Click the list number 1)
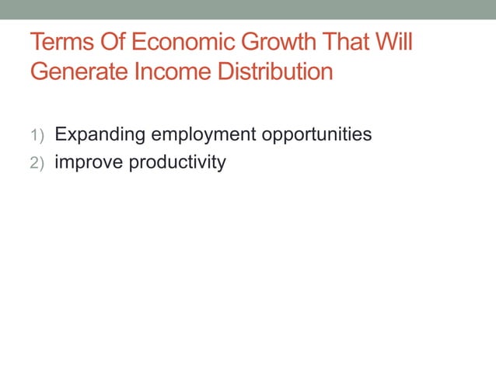pos(38,136)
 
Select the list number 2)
pos(38,164)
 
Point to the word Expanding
pos(100,135)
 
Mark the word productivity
pos(177,164)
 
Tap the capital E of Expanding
pos(59,134)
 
